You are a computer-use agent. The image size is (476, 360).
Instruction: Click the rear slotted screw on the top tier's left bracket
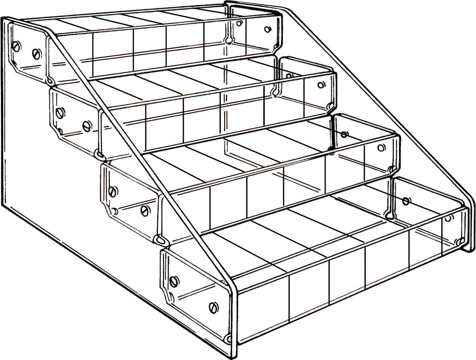(16, 46)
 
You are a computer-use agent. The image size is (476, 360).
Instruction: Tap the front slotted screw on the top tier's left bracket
(37, 53)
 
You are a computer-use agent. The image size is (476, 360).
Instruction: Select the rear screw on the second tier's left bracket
(59, 113)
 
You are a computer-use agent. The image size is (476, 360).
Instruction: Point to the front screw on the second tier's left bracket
(87, 126)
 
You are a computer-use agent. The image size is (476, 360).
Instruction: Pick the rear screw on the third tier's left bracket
(112, 192)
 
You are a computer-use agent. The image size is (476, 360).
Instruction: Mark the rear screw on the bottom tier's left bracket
(173, 281)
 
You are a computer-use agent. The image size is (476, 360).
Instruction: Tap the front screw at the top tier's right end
(268, 29)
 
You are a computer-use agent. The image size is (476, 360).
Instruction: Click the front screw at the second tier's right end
(321, 86)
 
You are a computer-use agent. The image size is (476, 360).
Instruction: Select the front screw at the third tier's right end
(381, 147)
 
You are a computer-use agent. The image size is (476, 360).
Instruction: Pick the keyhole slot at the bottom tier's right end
(391, 214)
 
